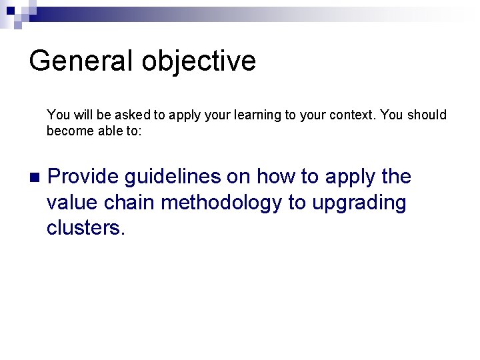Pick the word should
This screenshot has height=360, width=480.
point(427,115)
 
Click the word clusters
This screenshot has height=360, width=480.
point(85,227)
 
